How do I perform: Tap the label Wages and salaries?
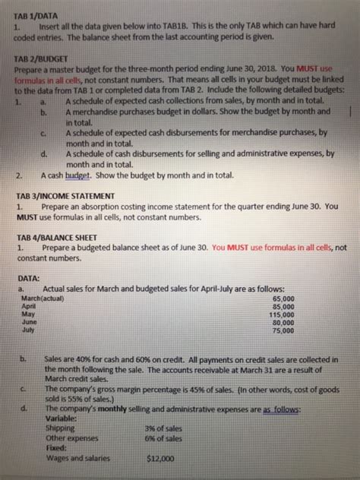78,458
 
